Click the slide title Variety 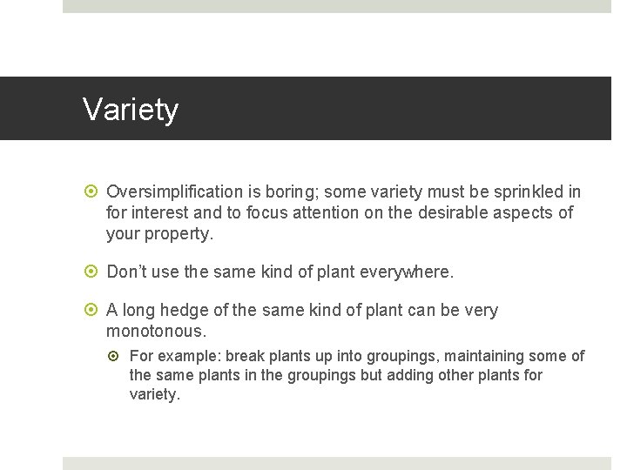point(131,110)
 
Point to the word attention point(325,212)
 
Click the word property point(179,233)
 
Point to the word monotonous point(155,332)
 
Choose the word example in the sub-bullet point(190,356)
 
